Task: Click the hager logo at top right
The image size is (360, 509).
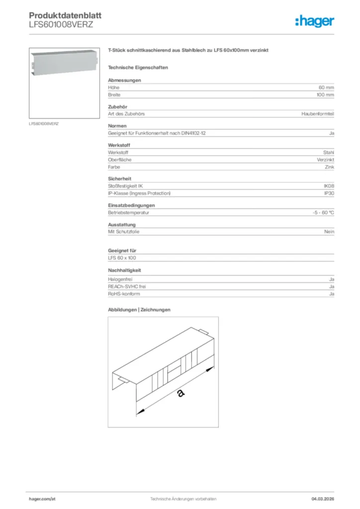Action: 314,21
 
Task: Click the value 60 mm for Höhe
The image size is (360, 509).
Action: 326,87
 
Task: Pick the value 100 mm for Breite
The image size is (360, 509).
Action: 325,94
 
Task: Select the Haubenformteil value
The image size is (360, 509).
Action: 318,114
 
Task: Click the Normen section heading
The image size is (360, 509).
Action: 117,126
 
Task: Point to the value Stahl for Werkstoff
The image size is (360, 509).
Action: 328,153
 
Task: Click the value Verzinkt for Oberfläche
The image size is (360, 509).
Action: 325,160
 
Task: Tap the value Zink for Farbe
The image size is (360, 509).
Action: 329,167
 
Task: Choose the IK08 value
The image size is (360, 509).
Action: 329,186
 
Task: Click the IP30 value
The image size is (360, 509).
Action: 329,193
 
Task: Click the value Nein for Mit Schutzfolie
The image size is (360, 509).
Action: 328,232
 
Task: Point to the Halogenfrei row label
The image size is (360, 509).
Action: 120,280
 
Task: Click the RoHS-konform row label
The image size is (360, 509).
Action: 124,294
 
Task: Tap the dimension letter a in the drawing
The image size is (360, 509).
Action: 180,394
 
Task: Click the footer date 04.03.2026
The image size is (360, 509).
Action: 323,499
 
